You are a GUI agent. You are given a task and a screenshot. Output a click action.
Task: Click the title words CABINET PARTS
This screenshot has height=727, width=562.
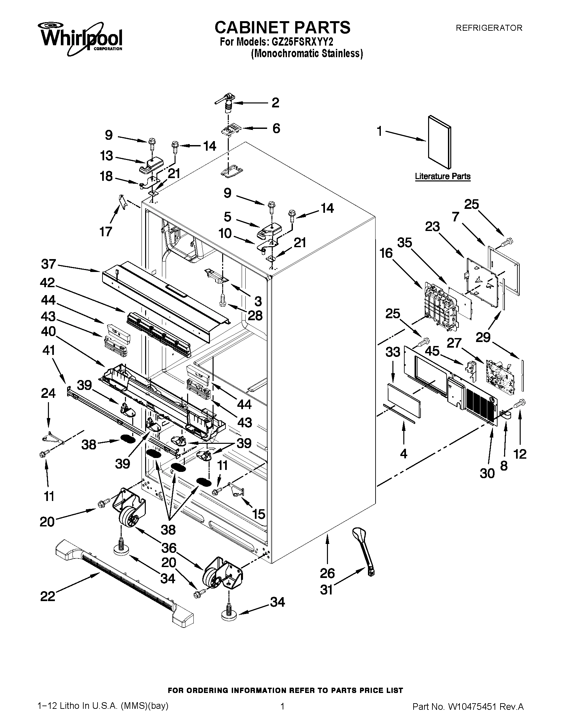coord(282,27)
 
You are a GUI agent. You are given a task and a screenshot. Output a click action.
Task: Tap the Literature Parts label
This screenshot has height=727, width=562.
coord(442,176)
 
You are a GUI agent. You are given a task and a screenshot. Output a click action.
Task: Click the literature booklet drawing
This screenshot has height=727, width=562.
coord(439,142)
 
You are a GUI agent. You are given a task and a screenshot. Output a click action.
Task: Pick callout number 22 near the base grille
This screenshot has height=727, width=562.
coord(47,596)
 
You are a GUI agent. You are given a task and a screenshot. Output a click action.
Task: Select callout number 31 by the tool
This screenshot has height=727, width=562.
coord(326,590)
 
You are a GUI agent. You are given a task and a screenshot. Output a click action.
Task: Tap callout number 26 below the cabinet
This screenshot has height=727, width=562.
coord(327,573)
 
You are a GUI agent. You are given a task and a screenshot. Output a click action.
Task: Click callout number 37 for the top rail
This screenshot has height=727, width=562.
coord(49,264)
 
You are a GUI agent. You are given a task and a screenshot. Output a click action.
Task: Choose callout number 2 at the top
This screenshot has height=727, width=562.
coord(275,102)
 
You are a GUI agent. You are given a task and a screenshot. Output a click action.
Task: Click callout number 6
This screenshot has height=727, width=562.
coord(276,128)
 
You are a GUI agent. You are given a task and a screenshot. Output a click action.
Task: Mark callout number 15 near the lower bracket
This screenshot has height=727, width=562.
coord(259,514)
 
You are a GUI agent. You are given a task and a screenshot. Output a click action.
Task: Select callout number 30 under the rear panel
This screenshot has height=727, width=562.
coord(487,473)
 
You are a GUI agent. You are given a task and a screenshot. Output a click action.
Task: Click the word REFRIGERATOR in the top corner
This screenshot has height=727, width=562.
coord(489,28)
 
